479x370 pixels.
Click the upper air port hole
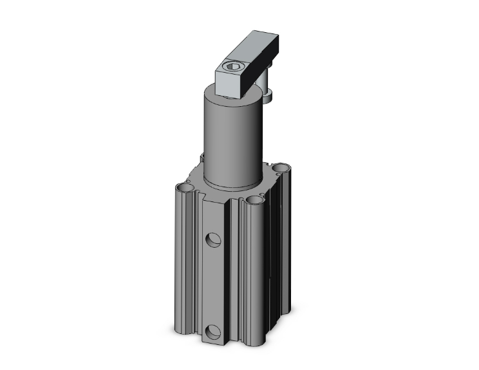[213, 240]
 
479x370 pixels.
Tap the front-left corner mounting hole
[185, 188]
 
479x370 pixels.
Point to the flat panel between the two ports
[213, 283]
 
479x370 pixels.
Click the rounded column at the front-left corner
[183, 270]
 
